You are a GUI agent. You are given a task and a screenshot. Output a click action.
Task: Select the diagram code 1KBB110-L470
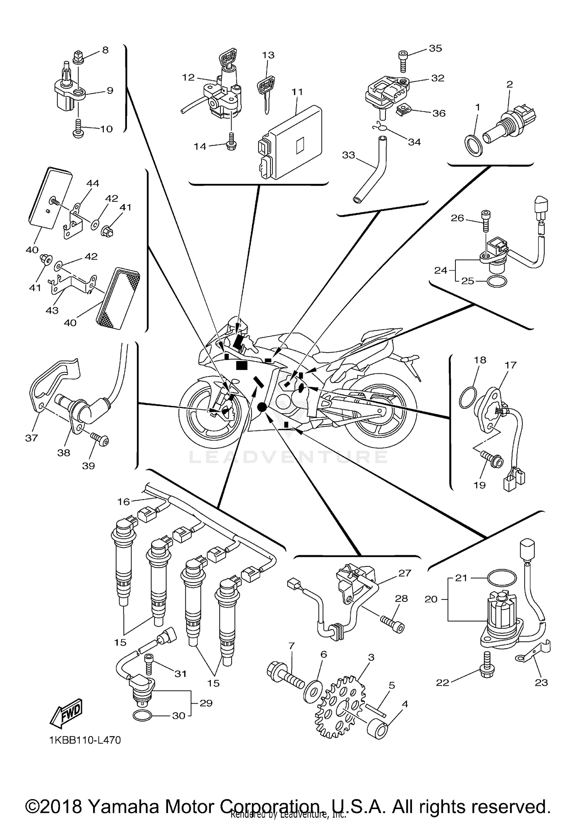(85, 740)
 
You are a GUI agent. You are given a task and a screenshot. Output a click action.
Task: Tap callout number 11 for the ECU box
(297, 92)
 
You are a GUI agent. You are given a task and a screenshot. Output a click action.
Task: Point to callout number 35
(435, 48)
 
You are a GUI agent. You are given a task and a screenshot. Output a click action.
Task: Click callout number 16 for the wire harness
(124, 501)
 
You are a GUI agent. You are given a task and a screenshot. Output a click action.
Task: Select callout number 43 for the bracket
(52, 310)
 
